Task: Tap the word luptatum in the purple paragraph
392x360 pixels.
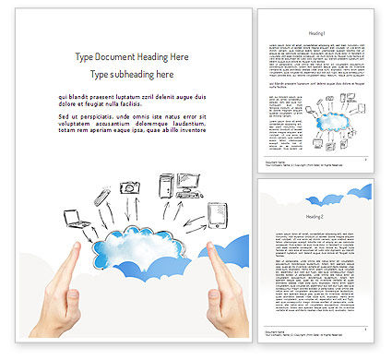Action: click(x=131, y=96)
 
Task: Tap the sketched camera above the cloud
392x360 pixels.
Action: click(x=131, y=187)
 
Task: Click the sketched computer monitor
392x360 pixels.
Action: click(x=190, y=184)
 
